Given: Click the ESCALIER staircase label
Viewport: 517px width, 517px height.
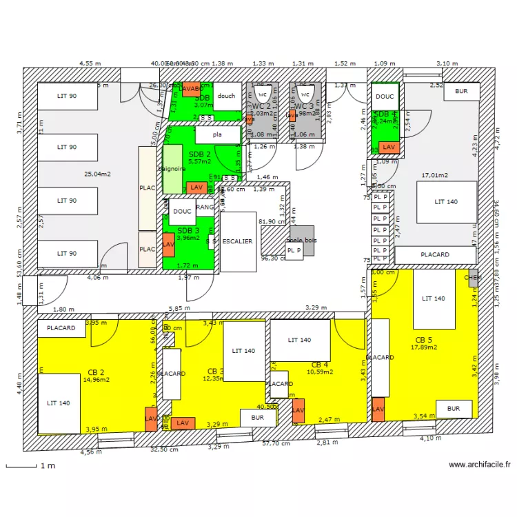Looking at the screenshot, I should [x=237, y=241].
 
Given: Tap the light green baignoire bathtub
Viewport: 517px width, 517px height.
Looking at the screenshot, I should [x=172, y=169].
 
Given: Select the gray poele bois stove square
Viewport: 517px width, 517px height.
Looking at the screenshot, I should [x=301, y=241].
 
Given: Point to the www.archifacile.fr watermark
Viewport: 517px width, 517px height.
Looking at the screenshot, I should [x=479, y=465].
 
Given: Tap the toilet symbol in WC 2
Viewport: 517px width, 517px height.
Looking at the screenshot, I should [x=261, y=94].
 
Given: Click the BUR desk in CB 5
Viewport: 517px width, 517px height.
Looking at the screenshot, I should [x=453, y=409].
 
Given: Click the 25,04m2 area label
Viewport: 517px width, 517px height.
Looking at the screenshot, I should [x=97, y=174].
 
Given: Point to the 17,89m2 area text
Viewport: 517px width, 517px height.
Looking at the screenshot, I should [x=425, y=347].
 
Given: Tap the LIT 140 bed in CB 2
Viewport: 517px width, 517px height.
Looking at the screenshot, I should [x=59, y=403].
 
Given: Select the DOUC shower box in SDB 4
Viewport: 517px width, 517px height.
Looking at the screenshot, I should [x=385, y=97].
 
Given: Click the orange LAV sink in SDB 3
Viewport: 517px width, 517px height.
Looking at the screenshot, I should [x=168, y=244].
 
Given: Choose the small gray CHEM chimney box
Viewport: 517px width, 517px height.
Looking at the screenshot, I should [x=472, y=278].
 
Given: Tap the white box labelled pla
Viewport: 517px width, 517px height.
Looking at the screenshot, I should [x=217, y=135].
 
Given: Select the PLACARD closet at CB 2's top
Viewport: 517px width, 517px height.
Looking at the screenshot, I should [x=61, y=328].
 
